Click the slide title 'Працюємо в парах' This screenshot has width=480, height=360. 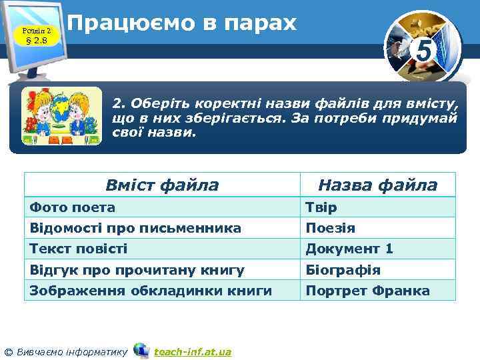pos(182,24)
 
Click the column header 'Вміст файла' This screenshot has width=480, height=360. pos(162,185)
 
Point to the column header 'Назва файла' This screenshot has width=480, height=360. pos(377,185)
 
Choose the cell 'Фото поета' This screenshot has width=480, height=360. pos(73,207)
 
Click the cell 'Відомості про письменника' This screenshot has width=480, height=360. pos(135,228)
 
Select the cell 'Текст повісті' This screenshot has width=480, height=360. pos(79,249)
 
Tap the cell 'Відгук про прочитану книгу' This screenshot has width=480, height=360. pos(137,270)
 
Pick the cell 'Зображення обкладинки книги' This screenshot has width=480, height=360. pos(151,291)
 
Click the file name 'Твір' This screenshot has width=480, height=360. pos(321,207)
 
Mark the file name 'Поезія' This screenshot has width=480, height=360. pos(330,228)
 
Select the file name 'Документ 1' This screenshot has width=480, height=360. pos(349,249)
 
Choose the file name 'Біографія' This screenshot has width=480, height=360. pos(343,270)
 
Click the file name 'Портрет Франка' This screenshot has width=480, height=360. pos(367,291)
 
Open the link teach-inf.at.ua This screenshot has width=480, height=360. pos(192,351)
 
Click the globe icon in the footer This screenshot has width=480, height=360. pos(141,350)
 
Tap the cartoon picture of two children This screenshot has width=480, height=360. pos(61,117)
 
